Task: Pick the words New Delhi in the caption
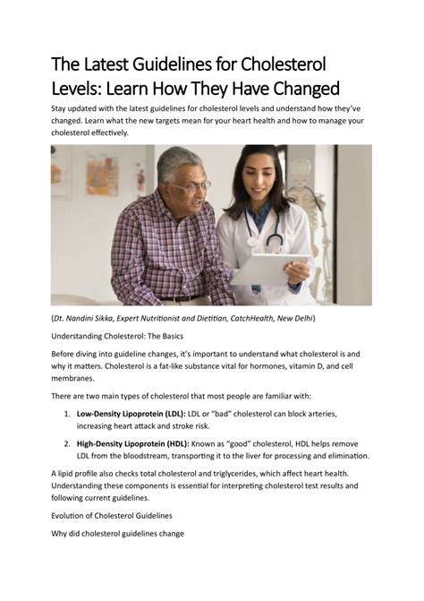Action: pyautogui.click(x=294, y=317)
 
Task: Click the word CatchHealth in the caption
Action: pyautogui.click(x=242, y=317)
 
